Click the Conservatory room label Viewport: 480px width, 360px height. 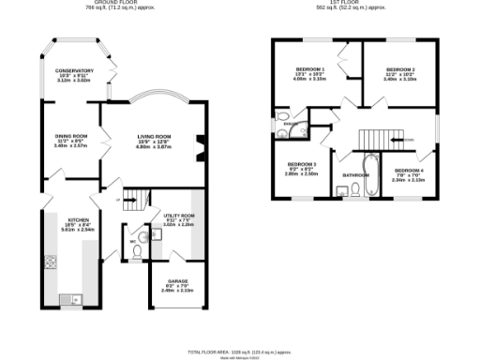coord(73,71)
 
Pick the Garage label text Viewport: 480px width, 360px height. coord(177,281)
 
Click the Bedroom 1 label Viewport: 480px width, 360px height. coord(310,69)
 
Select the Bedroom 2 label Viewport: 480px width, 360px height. coord(399,69)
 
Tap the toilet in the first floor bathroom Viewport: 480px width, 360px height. coord(357,189)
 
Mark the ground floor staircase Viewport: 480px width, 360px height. coord(136,198)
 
